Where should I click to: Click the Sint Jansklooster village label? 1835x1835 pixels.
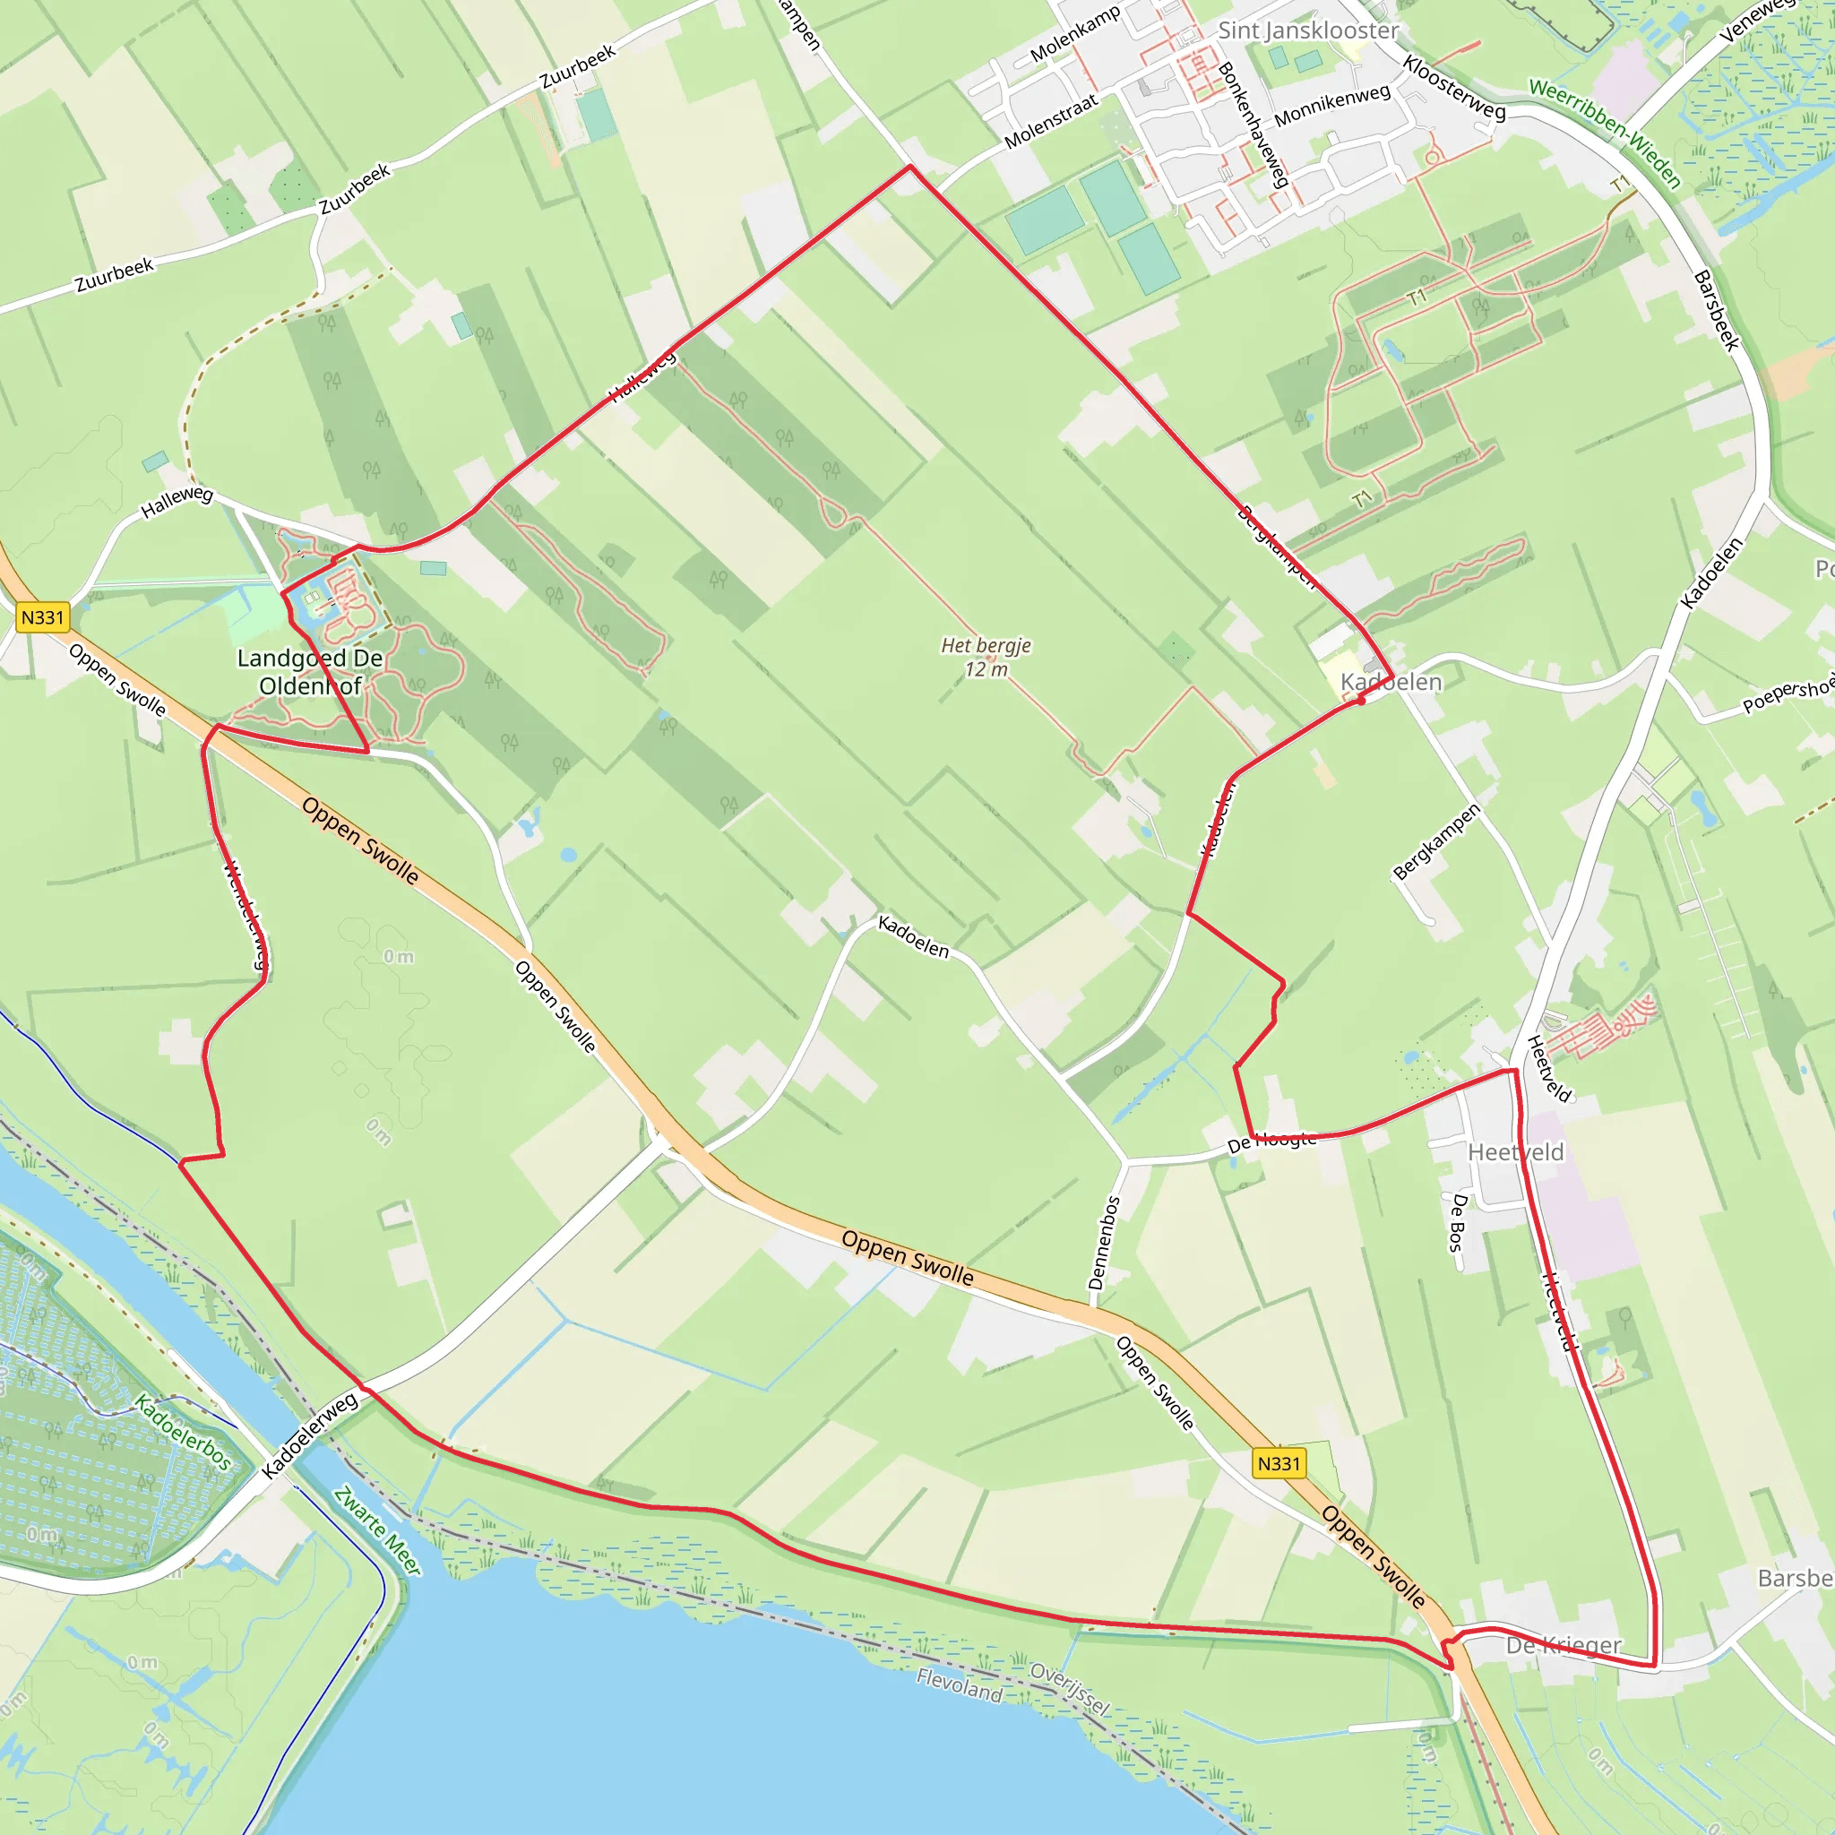[x=1308, y=30]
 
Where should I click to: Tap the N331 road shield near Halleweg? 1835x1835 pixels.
[x=43, y=617]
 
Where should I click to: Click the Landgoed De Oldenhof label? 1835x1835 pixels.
[x=311, y=671]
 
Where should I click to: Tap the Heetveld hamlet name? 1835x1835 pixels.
[x=1515, y=1152]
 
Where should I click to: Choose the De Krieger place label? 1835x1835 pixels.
[x=1564, y=1644]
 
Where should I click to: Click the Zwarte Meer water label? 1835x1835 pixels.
[x=378, y=1530]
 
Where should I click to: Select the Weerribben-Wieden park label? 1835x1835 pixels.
[x=1605, y=132]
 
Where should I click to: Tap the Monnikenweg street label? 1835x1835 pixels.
[x=1331, y=106]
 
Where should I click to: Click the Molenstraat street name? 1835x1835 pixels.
[x=1050, y=121]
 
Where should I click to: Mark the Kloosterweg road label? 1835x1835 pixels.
[x=1454, y=89]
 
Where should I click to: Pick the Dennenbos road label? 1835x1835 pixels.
[x=1105, y=1243]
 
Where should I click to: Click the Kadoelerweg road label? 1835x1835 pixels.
[x=311, y=1434]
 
